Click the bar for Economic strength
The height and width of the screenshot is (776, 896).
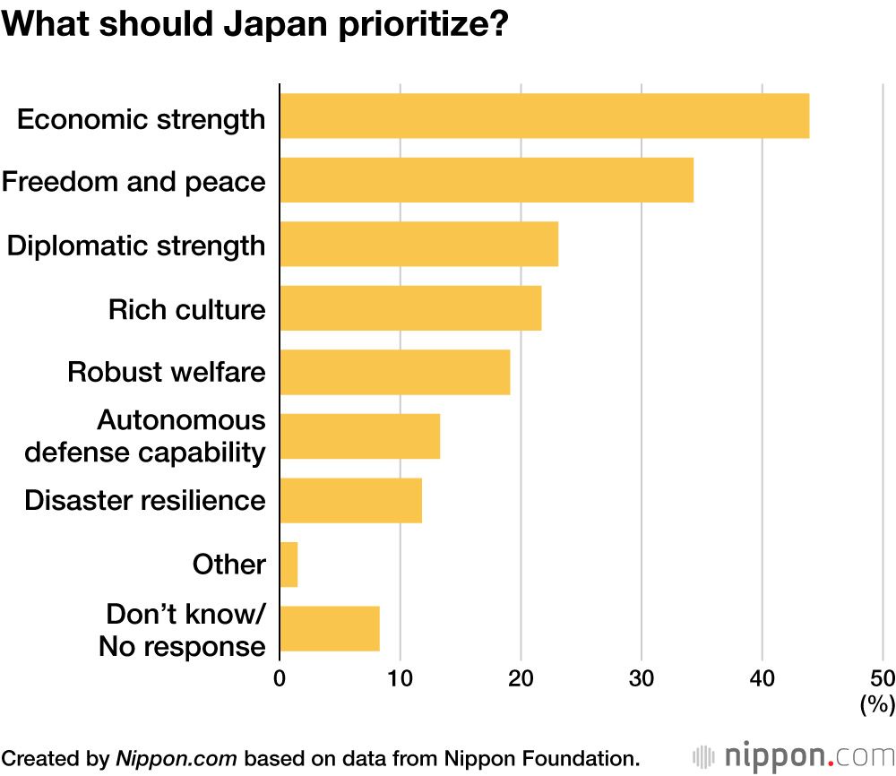click(544, 116)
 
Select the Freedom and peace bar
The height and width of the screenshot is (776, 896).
click(487, 180)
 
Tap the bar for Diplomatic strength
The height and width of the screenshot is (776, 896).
click(418, 245)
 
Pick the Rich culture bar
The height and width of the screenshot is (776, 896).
click(410, 308)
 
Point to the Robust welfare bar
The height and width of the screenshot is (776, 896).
click(394, 372)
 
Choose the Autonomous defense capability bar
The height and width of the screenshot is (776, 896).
click(359, 436)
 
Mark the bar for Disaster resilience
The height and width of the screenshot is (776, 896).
click(350, 500)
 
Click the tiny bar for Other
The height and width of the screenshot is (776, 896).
click(289, 565)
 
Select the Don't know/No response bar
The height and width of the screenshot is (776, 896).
click(330, 628)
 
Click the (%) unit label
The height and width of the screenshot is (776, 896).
click(877, 705)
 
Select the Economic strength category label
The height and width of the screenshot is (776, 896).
click(141, 118)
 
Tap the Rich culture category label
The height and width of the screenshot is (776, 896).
click(186, 309)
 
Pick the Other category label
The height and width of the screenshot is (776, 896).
click(228, 565)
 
